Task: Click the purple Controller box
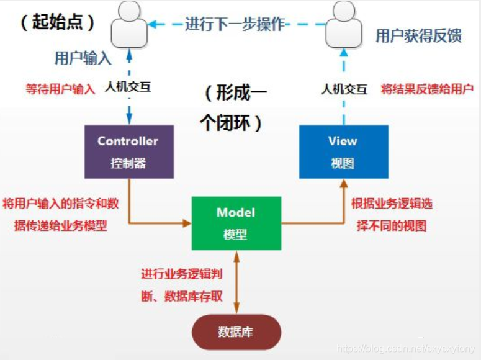(x=128, y=152)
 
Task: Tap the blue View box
(x=343, y=152)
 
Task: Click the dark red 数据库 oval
(x=236, y=332)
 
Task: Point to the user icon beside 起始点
(x=129, y=22)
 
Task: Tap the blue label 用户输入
(x=83, y=58)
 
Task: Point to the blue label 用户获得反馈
(x=418, y=36)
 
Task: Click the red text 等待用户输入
(x=60, y=89)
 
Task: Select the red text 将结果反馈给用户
(x=427, y=89)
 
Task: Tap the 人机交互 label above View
(x=343, y=89)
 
